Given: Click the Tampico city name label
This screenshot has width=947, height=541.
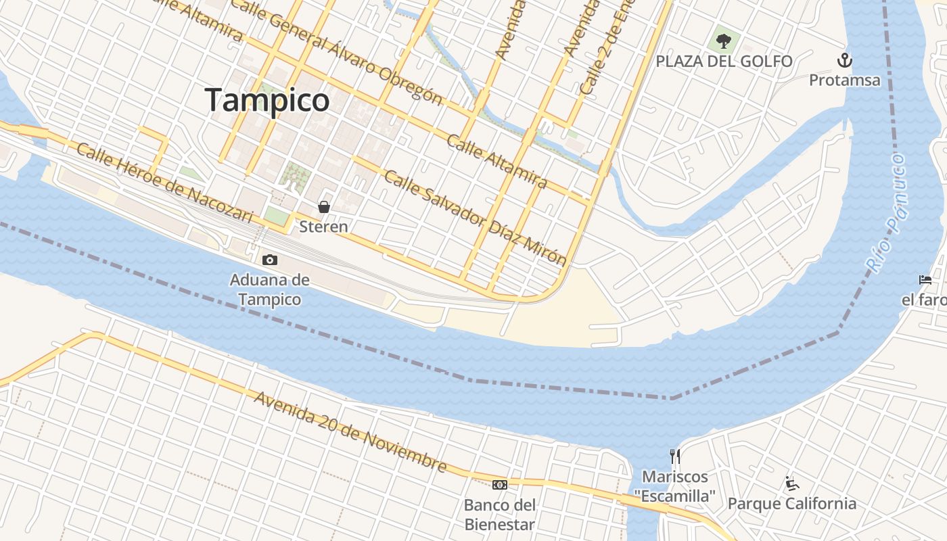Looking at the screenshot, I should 267,100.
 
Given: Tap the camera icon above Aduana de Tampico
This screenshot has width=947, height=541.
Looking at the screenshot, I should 269,260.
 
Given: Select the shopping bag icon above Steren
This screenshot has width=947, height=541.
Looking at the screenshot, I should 324,207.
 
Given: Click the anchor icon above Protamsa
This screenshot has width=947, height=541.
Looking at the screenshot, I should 844,60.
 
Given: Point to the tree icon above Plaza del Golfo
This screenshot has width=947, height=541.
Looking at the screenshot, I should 724,41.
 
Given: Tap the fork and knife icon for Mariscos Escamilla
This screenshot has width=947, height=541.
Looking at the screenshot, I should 674,456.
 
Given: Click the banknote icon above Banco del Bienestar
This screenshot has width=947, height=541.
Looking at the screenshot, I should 500,484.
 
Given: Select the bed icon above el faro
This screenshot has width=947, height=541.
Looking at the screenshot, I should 925,279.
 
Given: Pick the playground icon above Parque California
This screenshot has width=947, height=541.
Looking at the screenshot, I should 792,484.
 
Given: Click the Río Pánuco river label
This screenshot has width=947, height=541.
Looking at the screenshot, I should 887,214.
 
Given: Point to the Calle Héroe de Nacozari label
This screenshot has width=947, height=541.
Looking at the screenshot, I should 164,183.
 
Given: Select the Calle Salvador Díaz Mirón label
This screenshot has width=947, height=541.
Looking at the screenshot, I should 475,217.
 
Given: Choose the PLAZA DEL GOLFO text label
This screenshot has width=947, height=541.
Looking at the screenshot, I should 724,62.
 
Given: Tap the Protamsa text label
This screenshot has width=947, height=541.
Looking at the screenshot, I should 845,80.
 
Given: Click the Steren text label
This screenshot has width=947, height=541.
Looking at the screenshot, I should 324,227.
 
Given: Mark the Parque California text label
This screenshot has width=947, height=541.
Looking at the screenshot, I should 791,504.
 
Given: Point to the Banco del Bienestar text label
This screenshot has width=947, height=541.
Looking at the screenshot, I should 500,515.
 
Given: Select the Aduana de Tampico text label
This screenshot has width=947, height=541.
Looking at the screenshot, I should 269,289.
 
